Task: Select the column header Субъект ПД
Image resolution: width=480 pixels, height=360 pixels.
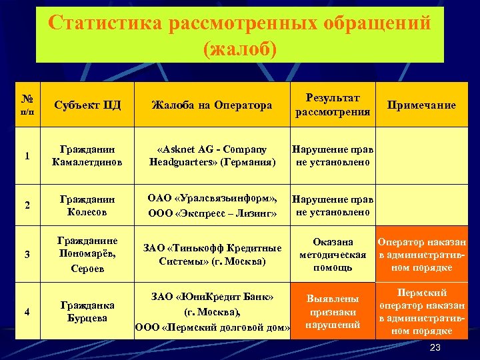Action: (x=88, y=105)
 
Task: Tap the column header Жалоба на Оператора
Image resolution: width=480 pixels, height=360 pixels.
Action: (x=212, y=105)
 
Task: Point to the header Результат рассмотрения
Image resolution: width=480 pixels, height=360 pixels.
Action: (x=333, y=105)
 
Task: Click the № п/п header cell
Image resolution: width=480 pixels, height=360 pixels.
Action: (x=27, y=104)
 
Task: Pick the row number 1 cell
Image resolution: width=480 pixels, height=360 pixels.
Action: (x=27, y=156)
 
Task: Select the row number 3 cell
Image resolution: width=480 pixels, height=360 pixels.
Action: (x=27, y=254)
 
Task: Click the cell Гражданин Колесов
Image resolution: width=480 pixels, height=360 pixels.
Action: (x=88, y=205)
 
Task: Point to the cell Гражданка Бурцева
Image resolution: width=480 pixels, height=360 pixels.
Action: (x=88, y=311)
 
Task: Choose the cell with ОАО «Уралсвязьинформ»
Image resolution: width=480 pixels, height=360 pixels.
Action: (x=212, y=205)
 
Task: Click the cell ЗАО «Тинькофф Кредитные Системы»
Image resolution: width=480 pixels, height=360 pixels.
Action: (x=212, y=254)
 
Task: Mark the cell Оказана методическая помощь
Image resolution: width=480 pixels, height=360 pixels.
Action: (x=333, y=255)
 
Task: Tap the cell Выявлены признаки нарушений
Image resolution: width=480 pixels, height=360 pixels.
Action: (x=333, y=311)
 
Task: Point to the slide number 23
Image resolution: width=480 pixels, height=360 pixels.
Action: (x=435, y=348)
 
